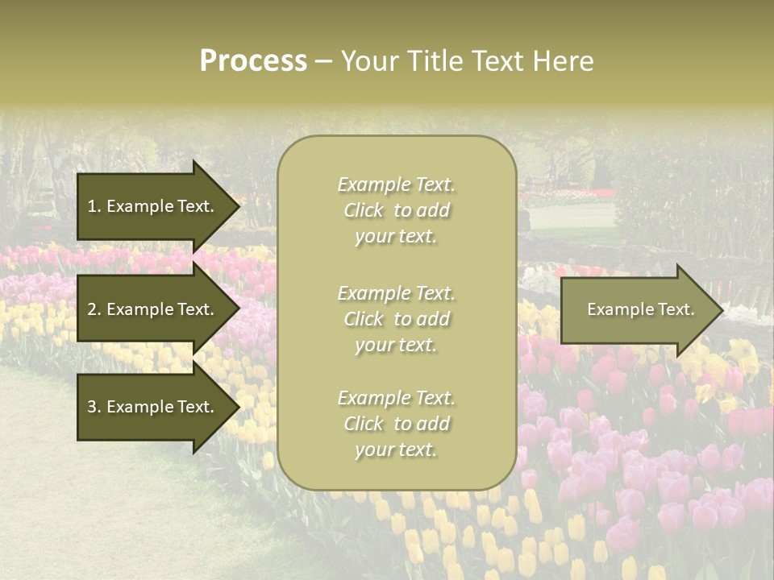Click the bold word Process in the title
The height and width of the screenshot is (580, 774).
tap(253, 61)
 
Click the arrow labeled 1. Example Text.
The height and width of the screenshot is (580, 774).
tap(153, 206)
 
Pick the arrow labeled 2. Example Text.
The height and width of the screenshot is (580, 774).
tap(153, 309)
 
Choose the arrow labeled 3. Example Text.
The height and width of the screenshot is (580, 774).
tap(153, 407)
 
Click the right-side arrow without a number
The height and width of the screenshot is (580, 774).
tap(637, 309)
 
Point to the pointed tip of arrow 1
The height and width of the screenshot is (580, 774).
tap(238, 206)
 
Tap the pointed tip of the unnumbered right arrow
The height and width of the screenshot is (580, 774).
tap(721, 309)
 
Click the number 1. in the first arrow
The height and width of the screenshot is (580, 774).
tap(94, 206)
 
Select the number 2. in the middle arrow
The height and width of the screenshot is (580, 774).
tap(94, 309)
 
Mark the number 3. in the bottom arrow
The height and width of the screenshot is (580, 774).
tap(94, 407)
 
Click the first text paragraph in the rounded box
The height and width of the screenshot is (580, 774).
tap(396, 210)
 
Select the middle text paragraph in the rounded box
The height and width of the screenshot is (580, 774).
tap(396, 319)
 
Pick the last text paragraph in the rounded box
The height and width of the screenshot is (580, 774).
tap(396, 424)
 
